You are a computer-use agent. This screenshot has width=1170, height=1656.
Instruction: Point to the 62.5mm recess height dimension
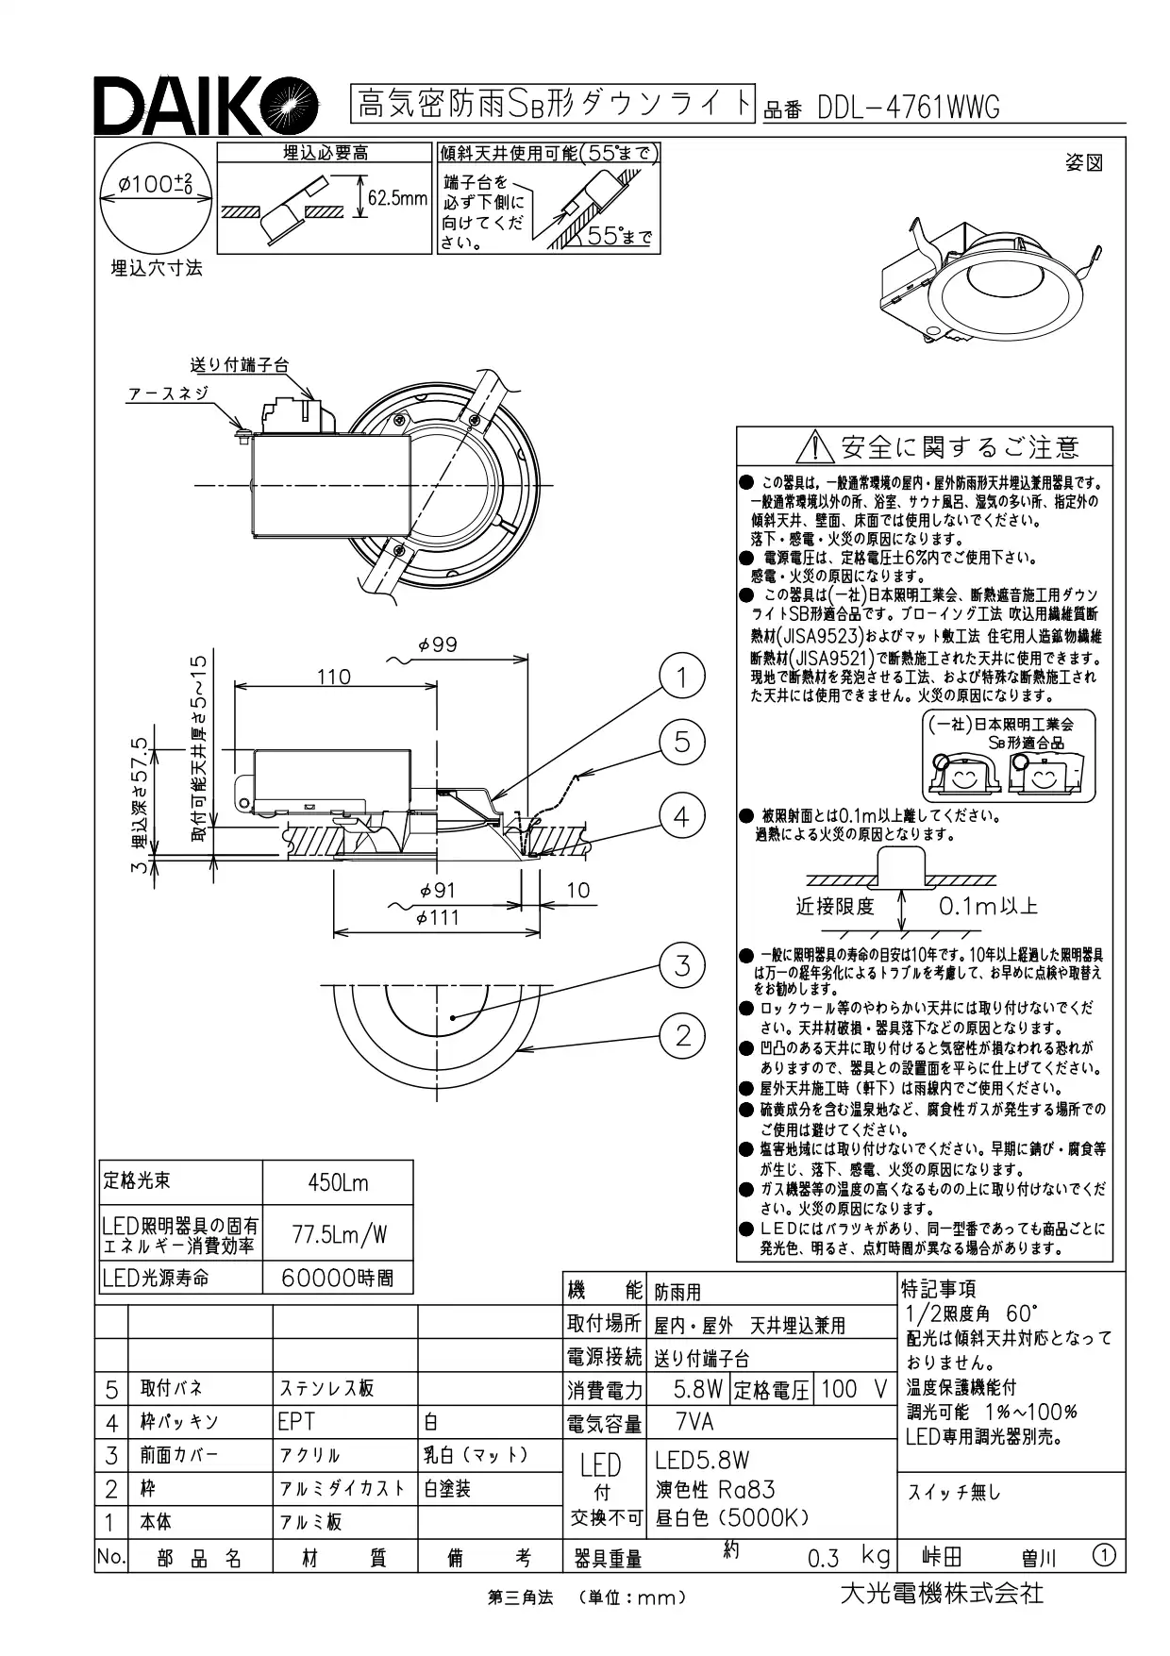pyautogui.click(x=397, y=199)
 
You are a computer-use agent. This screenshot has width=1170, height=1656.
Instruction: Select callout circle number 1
pyautogui.click(x=682, y=677)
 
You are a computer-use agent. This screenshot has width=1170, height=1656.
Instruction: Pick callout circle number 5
pyautogui.click(x=682, y=743)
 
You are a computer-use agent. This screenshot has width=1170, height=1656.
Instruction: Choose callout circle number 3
pyautogui.click(x=682, y=964)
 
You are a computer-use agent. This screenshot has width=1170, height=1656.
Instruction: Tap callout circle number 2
pyautogui.click(x=682, y=1035)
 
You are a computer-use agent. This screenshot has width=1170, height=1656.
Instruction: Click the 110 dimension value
pyautogui.click(x=333, y=677)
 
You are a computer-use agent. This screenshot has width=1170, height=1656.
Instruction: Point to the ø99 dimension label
pyautogui.click(x=437, y=645)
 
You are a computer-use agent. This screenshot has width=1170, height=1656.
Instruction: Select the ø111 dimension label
pyautogui.click(x=437, y=917)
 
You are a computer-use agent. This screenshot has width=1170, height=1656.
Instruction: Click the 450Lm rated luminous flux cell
pyautogui.click(x=338, y=1182)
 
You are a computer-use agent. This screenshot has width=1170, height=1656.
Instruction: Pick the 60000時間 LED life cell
pyautogui.click(x=338, y=1278)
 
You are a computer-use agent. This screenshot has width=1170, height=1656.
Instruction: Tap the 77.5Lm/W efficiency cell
pyautogui.click(x=338, y=1233)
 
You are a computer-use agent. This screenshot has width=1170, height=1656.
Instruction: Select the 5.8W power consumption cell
pyautogui.click(x=698, y=1389)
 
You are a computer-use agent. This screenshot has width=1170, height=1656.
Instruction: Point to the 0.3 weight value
pyautogui.click(x=823, y=1558)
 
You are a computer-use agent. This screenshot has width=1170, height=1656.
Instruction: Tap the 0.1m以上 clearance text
pyautogui.click(x=988, y=907)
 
